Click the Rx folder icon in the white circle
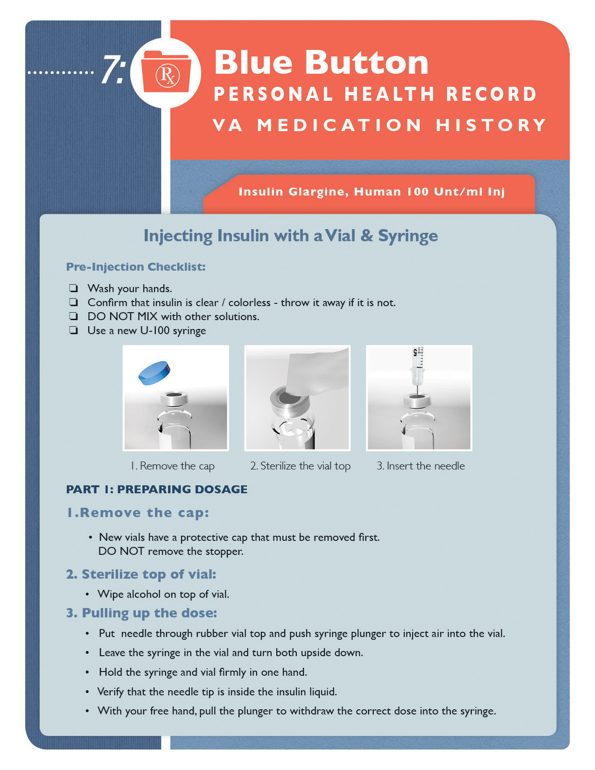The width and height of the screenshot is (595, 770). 166,73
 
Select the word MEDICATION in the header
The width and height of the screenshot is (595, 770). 339,125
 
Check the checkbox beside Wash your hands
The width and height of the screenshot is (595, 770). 73,288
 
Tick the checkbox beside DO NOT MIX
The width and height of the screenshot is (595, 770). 73,316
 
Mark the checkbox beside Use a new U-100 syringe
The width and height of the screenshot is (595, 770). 73,330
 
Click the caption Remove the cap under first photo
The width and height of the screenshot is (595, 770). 173,466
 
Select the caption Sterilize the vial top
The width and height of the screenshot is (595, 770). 300,466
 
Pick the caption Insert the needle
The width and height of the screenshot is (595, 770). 420,466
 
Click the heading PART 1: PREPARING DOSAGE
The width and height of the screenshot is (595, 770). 157,489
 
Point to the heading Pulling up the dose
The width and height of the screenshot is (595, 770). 141,613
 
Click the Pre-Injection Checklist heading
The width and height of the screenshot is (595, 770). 136,267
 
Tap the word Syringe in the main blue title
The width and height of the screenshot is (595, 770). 407,236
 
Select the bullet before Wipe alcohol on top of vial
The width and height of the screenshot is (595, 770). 87,595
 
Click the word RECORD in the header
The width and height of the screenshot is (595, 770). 491,94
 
